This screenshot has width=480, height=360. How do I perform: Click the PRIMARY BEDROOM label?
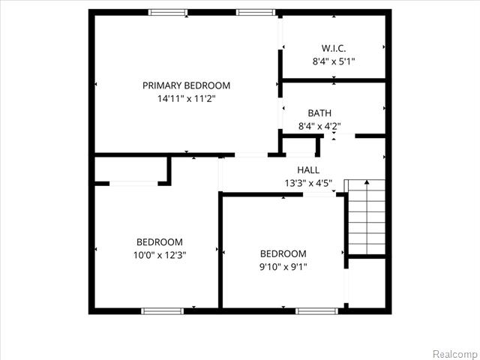(186, 85)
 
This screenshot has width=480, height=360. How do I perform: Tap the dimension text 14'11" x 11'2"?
(186, 98)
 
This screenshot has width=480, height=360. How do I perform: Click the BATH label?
(319, 113)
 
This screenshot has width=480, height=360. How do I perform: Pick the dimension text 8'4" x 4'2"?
(319, 126)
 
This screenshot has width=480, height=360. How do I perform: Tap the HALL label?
(308, 169)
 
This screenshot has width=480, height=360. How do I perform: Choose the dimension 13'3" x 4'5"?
(308, 182)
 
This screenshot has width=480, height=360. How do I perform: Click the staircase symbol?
(365, 217)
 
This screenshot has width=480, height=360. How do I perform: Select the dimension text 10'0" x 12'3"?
(160, 255)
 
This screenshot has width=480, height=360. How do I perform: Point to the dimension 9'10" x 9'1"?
(283, 266)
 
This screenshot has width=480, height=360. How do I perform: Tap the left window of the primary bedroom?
(167, 12)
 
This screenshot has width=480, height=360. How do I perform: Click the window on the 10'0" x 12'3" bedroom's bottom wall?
(163, 310)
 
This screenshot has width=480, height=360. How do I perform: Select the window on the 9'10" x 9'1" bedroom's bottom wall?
(316, 310)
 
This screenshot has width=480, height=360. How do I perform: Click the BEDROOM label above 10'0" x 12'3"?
(160, 242)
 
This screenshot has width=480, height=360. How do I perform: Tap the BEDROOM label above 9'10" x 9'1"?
(283, 253)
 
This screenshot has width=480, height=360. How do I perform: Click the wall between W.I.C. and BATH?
(334, 80)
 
